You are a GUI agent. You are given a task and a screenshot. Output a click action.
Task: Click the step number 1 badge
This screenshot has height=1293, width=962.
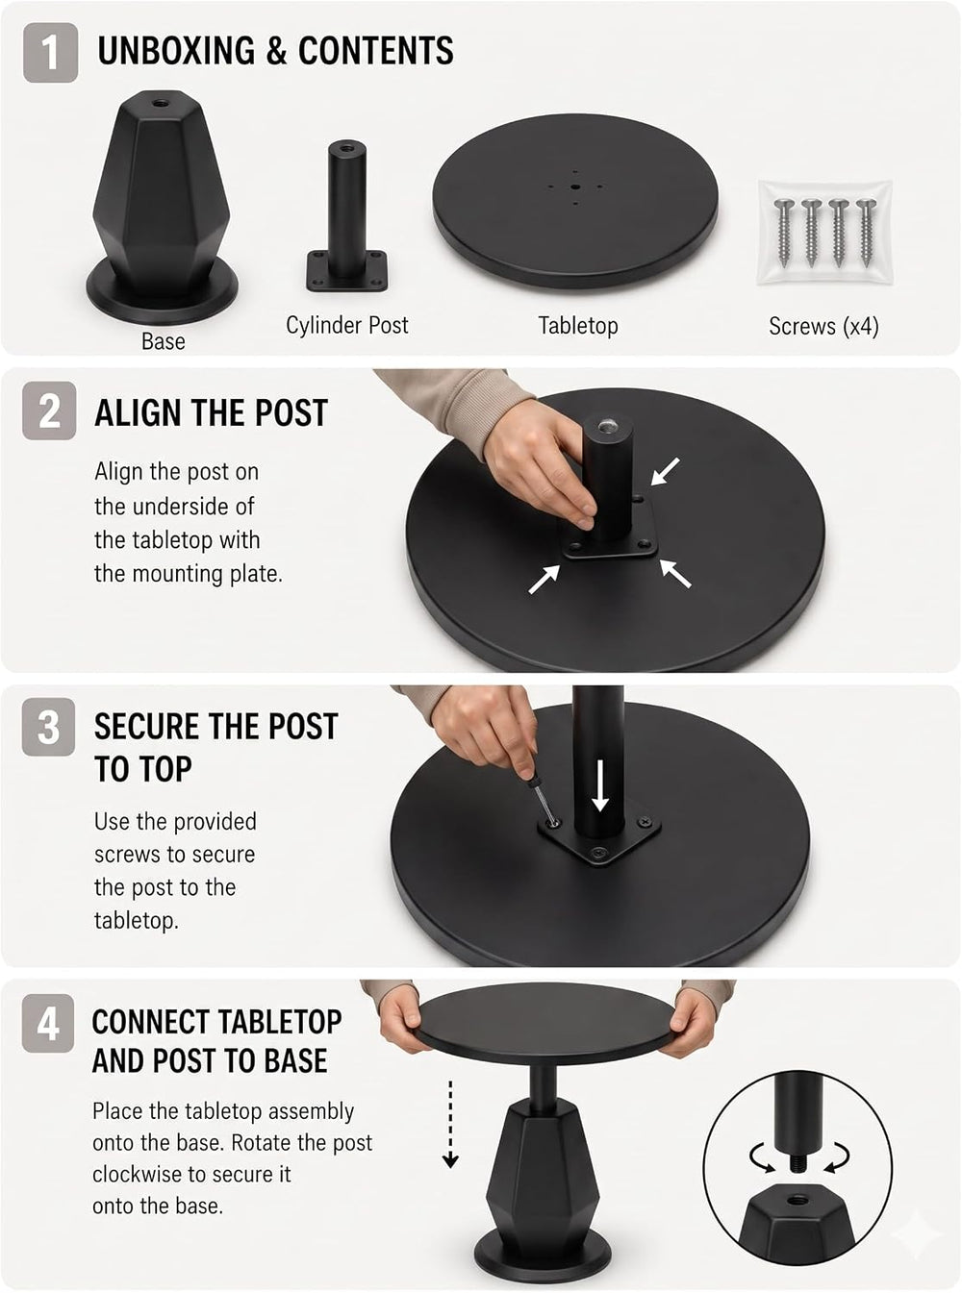[50, 53]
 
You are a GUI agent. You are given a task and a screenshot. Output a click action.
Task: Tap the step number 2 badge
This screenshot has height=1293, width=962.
[49, 410]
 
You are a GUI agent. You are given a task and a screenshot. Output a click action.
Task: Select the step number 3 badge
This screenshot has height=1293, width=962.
[48, 727]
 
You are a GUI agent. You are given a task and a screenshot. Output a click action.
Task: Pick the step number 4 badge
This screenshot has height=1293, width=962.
[48, 1023]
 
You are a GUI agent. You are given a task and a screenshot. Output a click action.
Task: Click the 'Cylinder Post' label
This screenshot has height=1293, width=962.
[347, 325]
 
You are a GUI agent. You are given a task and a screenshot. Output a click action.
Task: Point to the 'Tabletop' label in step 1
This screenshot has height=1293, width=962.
[578, 325]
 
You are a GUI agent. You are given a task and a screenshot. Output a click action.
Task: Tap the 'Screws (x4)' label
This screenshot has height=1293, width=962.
[823, 326]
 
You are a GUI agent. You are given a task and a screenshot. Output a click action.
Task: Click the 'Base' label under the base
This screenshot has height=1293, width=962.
[164, 341]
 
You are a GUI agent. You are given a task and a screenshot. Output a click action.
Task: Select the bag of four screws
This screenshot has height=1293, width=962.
[824, 233]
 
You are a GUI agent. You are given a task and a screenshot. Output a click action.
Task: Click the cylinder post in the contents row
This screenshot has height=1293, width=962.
[347, 217]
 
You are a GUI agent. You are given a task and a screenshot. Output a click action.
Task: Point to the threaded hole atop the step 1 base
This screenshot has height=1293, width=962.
[160, 103]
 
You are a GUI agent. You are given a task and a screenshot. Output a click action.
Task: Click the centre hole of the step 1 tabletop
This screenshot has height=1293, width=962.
[575, 187]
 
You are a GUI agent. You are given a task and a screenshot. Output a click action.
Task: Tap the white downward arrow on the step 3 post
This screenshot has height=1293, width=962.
[599, 785]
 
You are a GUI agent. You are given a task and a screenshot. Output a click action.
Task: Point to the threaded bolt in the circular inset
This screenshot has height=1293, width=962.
[797, 1163]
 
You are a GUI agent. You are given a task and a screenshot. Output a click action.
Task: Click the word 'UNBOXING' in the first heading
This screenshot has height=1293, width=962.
[176, 50]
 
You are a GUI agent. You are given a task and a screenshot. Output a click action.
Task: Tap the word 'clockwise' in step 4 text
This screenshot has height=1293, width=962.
[138, 1174]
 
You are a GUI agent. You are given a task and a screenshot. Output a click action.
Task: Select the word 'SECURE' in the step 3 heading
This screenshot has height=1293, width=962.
[150, 727]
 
